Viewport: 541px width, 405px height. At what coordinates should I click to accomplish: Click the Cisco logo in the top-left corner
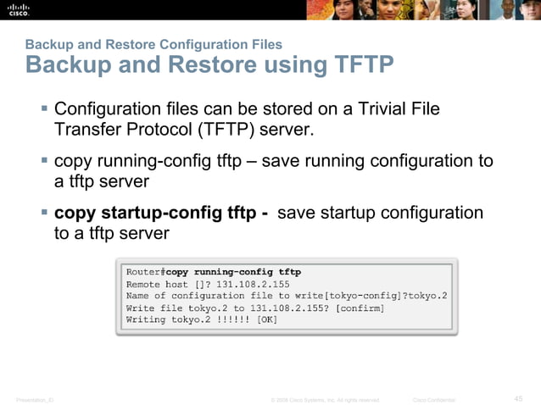pyautogui.click(x=19, y=9)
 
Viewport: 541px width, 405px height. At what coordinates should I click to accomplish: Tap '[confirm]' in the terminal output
pyautogui.click(x=360, y=308)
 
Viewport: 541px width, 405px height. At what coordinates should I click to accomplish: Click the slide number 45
pyautogui.click(x=519, y=398)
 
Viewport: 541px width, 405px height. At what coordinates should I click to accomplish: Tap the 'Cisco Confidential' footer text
pyautogui.click(x=433, y=399)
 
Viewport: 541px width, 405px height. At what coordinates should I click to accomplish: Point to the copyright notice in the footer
pyautogui.click(x=324, y=399)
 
